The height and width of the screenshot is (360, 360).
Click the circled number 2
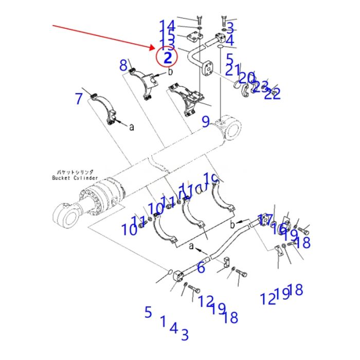click(167, 57)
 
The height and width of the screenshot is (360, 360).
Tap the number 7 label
click(78, 99)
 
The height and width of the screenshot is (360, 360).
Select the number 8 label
click(123, 65)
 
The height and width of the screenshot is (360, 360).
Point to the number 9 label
click(205, 122)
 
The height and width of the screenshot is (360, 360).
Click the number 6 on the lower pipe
click(201, 267)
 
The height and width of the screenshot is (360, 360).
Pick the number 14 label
click(167, 25)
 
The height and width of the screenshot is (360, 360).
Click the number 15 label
click(167, 34)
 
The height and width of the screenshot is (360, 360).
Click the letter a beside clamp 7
click(131, 127)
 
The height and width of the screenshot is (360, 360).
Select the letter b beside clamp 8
click(170, 72)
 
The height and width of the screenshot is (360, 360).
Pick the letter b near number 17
click(232, 224)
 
